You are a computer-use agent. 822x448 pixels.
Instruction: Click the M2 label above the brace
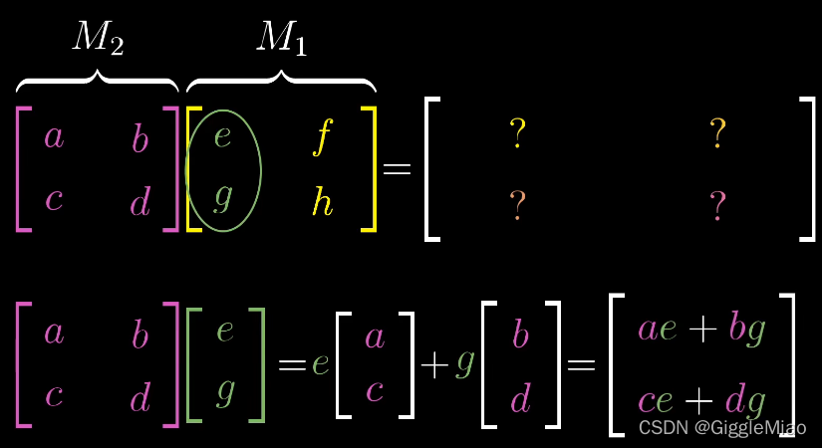click(x=98, y=37)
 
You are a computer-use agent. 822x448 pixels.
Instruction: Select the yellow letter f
click(x=321, y=138)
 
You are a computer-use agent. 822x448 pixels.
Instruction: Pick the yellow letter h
click(x=322, y=202)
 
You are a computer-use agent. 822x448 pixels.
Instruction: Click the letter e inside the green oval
click(x=223, y=136)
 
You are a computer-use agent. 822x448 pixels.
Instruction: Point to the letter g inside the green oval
click(x=223, y=197)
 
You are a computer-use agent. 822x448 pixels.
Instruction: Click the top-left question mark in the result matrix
click(x=517, y=132)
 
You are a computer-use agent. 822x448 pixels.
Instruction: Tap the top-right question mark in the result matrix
click(x=717, y=132)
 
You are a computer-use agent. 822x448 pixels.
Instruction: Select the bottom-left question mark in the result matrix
click(x=517, y=205)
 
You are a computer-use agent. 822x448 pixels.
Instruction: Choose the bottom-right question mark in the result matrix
click(x=717, y=205)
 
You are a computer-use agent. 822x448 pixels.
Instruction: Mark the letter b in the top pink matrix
click(x=139, y=139)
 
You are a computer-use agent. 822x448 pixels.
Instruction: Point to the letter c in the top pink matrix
click(x=54, y=200)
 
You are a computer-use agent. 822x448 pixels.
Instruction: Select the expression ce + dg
click(x=701, y=399)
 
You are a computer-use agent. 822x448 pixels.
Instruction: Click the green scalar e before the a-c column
click(x=320, y=364)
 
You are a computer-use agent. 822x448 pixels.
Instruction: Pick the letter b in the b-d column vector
click(x=520, y=335)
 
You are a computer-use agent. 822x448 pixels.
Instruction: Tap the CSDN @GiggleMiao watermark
click(x=722, y=427)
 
